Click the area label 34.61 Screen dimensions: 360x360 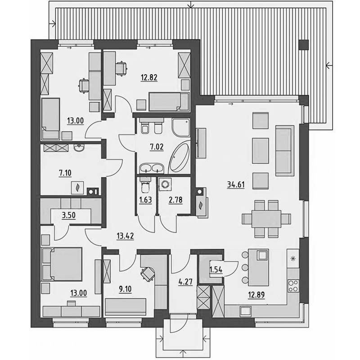(236, 184)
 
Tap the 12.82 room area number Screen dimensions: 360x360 (149, 77)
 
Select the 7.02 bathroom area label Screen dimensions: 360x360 (157, 147)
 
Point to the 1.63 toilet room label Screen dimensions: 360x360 (145, 200)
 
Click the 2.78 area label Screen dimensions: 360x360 (175, 200)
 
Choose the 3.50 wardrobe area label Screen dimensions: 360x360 (69, 215)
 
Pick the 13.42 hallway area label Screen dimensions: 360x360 (125, 236)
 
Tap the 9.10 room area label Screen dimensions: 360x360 (125, 289)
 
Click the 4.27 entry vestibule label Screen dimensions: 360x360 (185, 282)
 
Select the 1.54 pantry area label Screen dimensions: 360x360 (216, 270)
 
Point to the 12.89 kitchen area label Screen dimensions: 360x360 (256, 295)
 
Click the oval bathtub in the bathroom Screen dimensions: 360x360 (179, 157)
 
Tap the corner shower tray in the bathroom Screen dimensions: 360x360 (181, 127)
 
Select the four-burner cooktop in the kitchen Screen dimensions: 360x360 (293, 286)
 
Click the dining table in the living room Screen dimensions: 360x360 (266, 219)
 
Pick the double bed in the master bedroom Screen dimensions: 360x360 (62, 264)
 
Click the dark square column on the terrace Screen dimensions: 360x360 (303, 45)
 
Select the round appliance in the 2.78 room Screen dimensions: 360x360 (165, 184)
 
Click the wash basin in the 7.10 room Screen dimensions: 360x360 (80, 148)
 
